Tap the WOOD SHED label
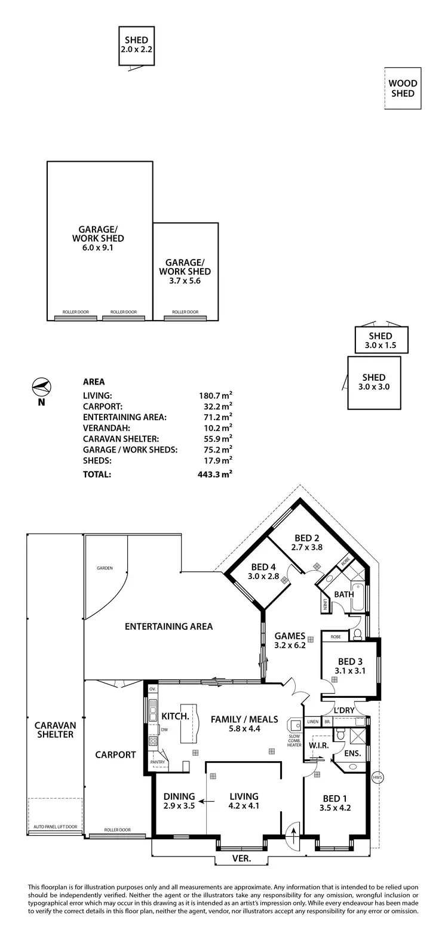[403, 89]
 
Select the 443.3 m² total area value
[215, 475]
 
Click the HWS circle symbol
[376, 777]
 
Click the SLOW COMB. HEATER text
[294, 740]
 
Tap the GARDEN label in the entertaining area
[105, 568]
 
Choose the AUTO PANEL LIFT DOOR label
[55, 827]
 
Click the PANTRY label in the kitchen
[158, 762]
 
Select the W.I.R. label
[316, 746]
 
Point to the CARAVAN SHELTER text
[54, 729]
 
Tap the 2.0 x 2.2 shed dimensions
[136, 50]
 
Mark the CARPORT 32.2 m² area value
[215, 406]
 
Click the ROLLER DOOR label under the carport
[116, 830]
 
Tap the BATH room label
[343, 594]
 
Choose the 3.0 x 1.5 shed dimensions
[381, 346]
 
